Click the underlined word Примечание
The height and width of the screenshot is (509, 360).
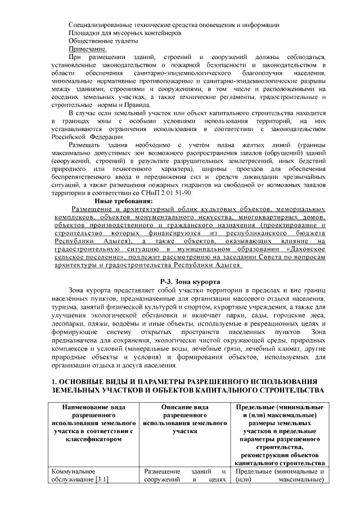point(87,49)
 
